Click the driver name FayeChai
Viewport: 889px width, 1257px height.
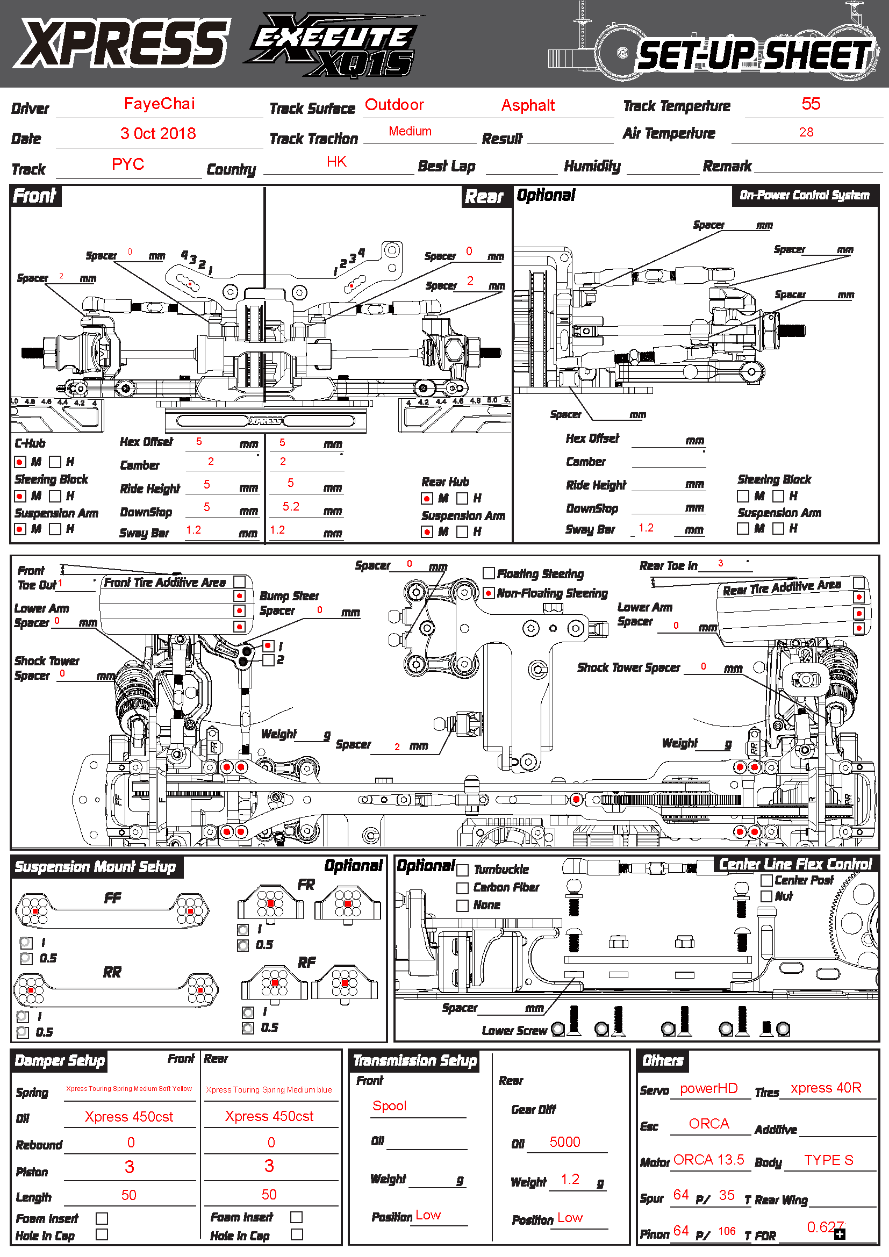click(159, 104)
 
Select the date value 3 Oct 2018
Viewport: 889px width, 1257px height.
click(157, 134)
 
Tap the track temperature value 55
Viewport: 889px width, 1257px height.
click(811, 104)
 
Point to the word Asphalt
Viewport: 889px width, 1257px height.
click(528, 105)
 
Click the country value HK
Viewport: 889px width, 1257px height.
click(336, 162)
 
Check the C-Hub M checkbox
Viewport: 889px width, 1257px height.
click(20, 462)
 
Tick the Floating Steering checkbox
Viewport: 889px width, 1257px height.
click(489, 573)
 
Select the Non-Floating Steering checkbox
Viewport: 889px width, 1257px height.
click(489, 593)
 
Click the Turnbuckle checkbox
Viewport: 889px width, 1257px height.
click(463, 870)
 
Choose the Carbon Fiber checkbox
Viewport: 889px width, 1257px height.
click(463, 887)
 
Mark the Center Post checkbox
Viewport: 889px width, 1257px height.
click(766, 880)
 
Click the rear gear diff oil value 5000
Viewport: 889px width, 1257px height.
click(564, 1142)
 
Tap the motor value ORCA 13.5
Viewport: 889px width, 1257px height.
click(708, 1160)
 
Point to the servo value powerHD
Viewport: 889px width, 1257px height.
click(708, 1088)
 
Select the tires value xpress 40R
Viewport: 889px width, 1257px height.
click(826, 1088)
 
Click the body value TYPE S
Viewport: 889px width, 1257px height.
click(828, 1160)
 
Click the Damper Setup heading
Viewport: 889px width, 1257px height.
click(60, 1060)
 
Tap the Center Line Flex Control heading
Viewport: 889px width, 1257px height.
click(795, 865)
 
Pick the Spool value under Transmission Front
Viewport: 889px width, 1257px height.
click(389, 1106)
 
